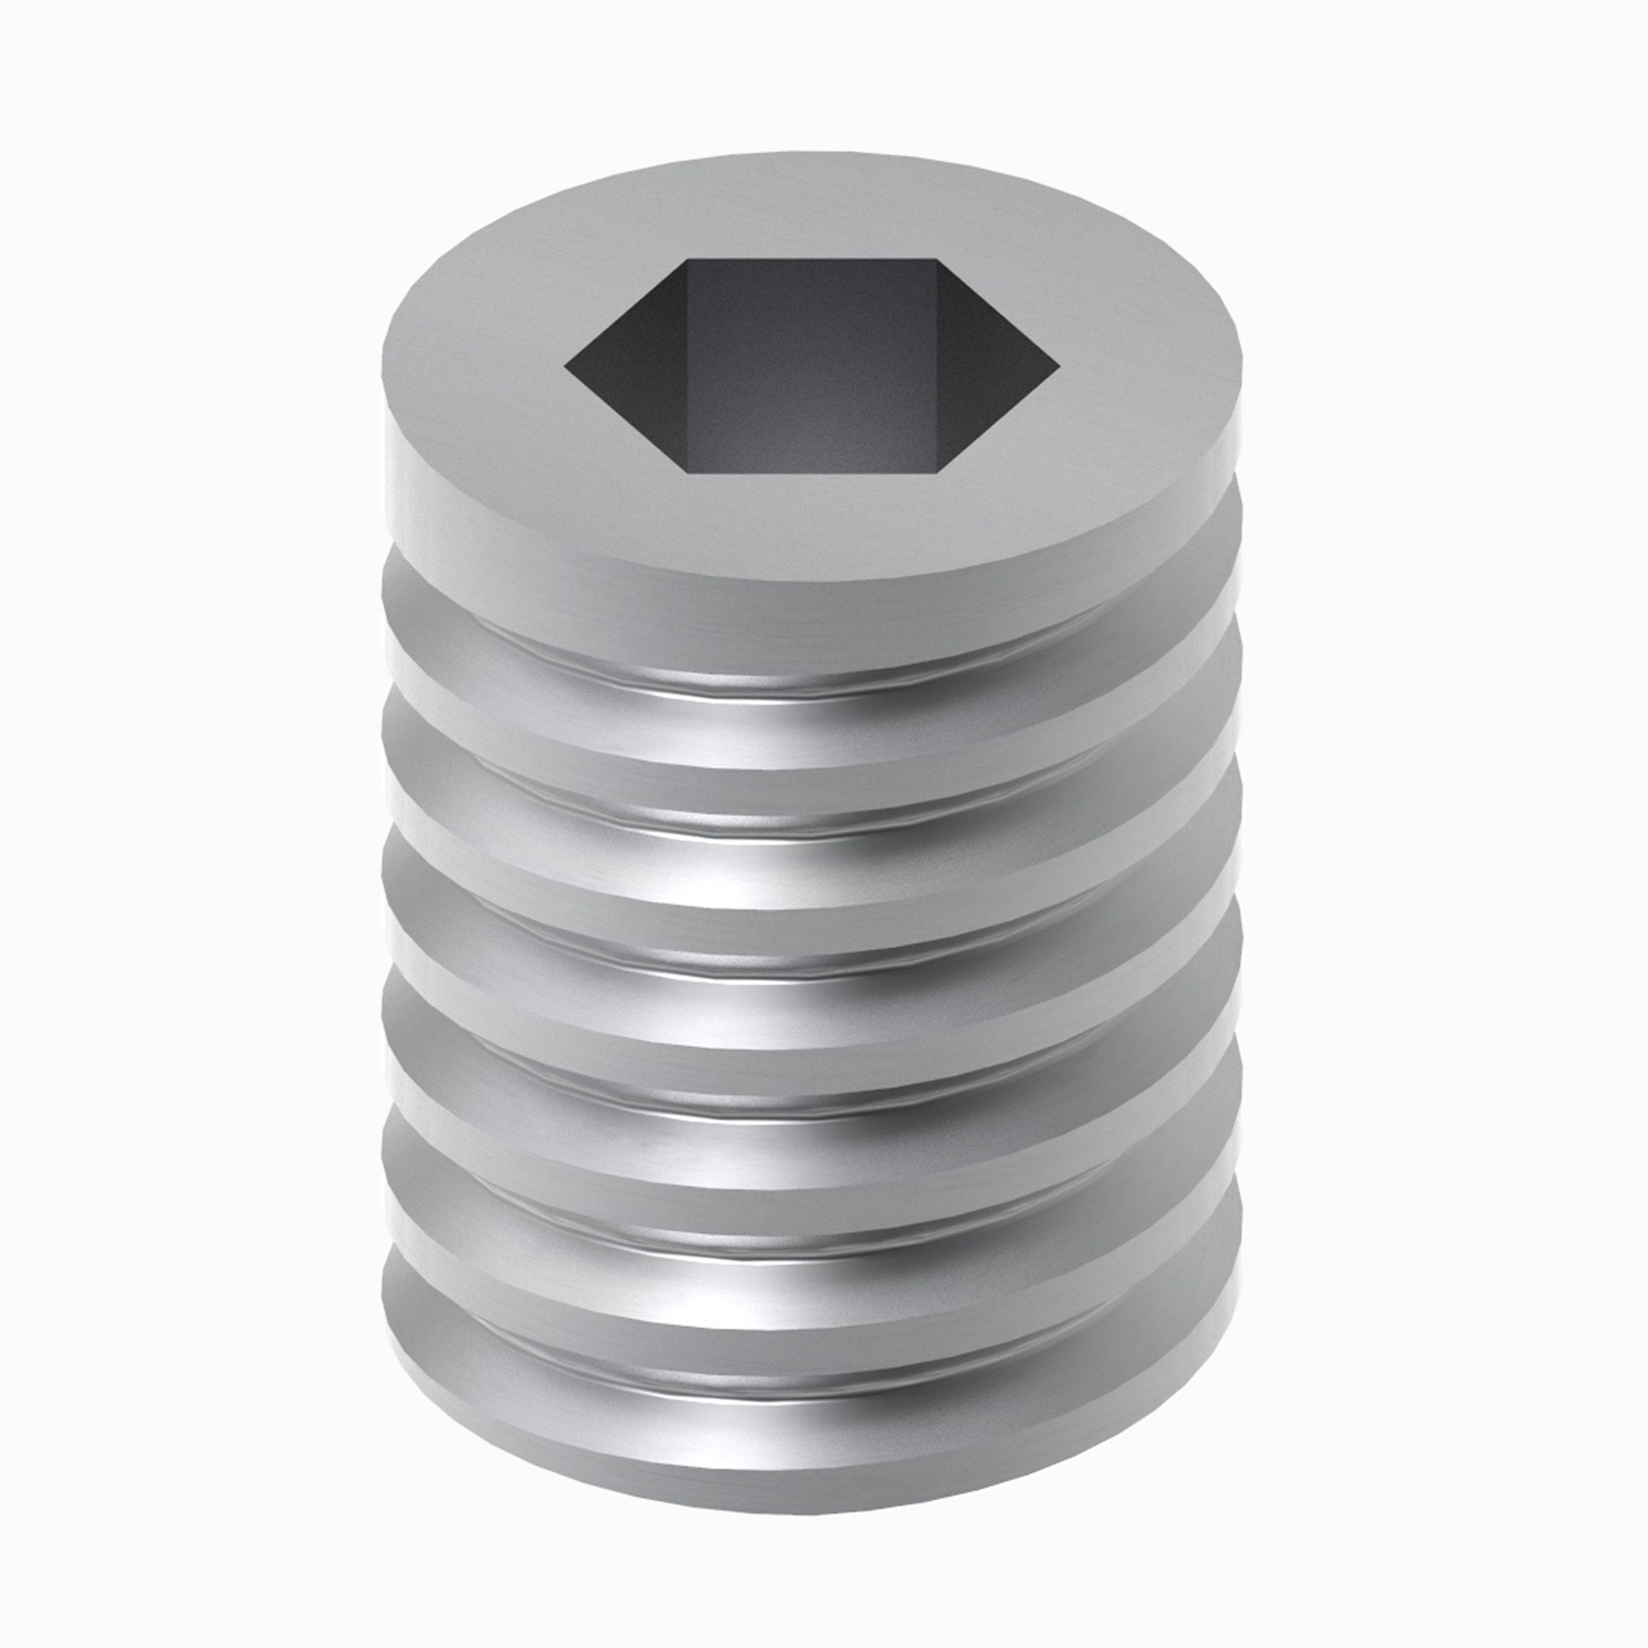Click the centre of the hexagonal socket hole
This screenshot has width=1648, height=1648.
click(x=812, y=367)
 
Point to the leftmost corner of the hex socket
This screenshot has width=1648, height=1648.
click(x=566, y=368)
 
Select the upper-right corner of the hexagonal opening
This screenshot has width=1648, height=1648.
click(x=937, y=261)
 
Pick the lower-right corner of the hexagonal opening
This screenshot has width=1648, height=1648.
click(x=937, y=470)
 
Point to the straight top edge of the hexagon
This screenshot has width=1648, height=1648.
click(x=812, y=261)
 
